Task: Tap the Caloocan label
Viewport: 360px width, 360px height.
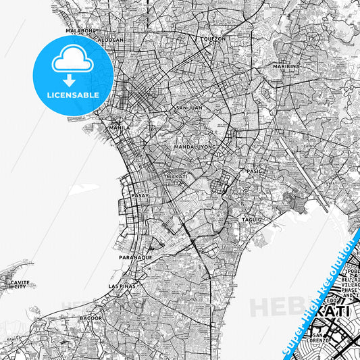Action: (x=108, y=39)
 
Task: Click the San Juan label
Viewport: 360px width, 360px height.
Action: (x=189, y=107)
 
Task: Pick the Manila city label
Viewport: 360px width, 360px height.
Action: (x=119, y=127)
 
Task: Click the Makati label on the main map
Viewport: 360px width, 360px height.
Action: (x=177, y=176)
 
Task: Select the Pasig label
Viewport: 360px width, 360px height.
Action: (x=254, y=172)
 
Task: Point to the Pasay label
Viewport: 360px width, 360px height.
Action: (x=139, y=196)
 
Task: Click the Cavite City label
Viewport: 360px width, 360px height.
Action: (x=18, y=284)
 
